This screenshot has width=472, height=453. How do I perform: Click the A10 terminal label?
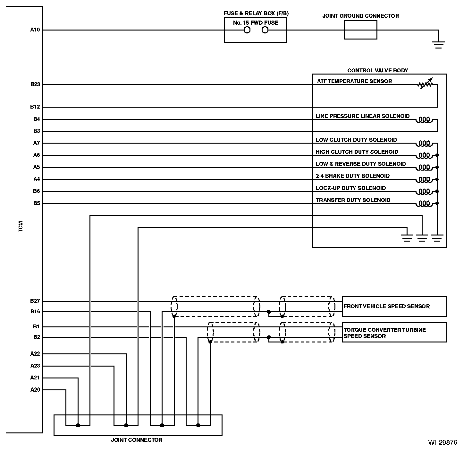click(35, 30)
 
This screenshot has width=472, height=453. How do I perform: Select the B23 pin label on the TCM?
click(35, 84)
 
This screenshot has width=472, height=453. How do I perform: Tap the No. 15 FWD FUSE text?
click(256, 23)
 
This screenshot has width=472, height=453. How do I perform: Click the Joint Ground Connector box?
click(360, 30)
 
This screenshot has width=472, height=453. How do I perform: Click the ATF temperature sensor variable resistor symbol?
click(425, 84)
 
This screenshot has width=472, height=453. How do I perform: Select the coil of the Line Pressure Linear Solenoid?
click(424, 120)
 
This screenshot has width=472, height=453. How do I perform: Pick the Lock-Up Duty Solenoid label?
click(350, 188)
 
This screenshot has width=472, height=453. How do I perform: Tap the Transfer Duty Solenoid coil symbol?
click(424, 203)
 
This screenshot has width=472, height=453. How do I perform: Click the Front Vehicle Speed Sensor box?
click(394, 306)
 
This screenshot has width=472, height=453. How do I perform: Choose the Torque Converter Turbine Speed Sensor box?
click(394, 332)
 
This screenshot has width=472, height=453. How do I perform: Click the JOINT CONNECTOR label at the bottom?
click(137, 440)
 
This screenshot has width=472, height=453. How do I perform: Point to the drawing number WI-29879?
click(442, 442)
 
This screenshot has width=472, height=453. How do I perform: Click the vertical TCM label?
click(21, 226)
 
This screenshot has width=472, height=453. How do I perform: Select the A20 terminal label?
click(35, 390)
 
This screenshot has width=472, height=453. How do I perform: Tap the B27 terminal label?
click(35, 301)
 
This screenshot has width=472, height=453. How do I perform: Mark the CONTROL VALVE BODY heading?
click(378, 70)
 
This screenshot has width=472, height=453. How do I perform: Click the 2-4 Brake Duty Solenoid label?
click(352, 176)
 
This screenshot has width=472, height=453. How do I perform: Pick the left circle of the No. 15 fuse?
click(247, 30)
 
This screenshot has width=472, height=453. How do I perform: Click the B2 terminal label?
click(37, 337)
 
